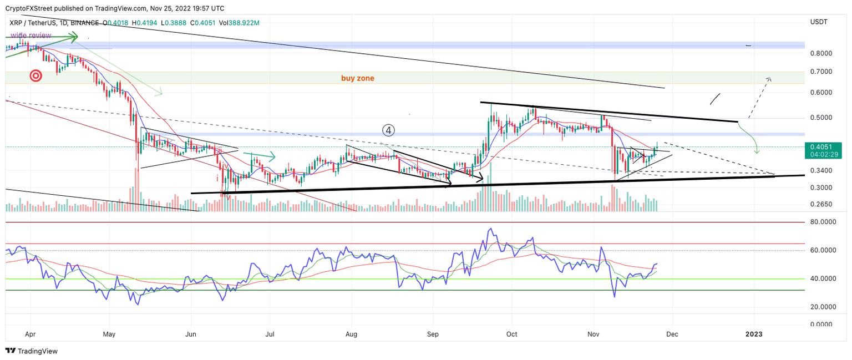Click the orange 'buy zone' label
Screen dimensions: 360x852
[x=357, y=78]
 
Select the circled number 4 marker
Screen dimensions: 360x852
[x=389, y=130]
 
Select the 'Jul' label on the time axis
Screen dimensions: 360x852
[x=271, y=334]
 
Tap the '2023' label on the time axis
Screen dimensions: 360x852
[x=754, y=334]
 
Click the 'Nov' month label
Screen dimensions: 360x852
[x=594, y=334]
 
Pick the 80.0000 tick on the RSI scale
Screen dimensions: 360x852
[x=823, y=222]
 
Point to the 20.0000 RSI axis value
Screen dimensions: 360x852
[x=823, y=307]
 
